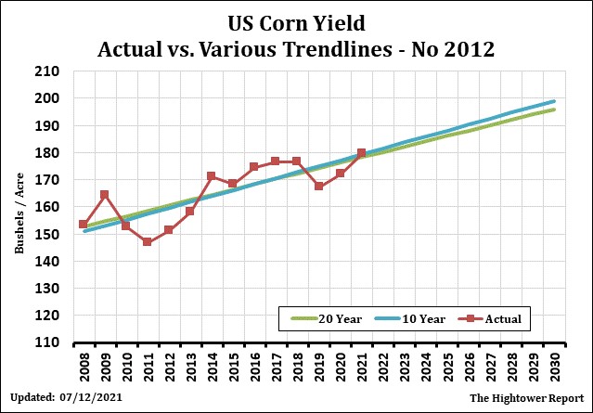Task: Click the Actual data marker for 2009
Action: [104, 195]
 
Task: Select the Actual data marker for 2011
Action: [147, 242]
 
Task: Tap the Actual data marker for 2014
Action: [212, 176]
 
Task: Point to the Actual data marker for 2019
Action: [318, 186]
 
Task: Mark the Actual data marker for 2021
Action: [361, 153]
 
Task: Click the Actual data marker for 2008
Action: [83, 225]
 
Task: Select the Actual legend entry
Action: [493, 318]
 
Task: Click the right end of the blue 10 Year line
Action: [554, 101]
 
